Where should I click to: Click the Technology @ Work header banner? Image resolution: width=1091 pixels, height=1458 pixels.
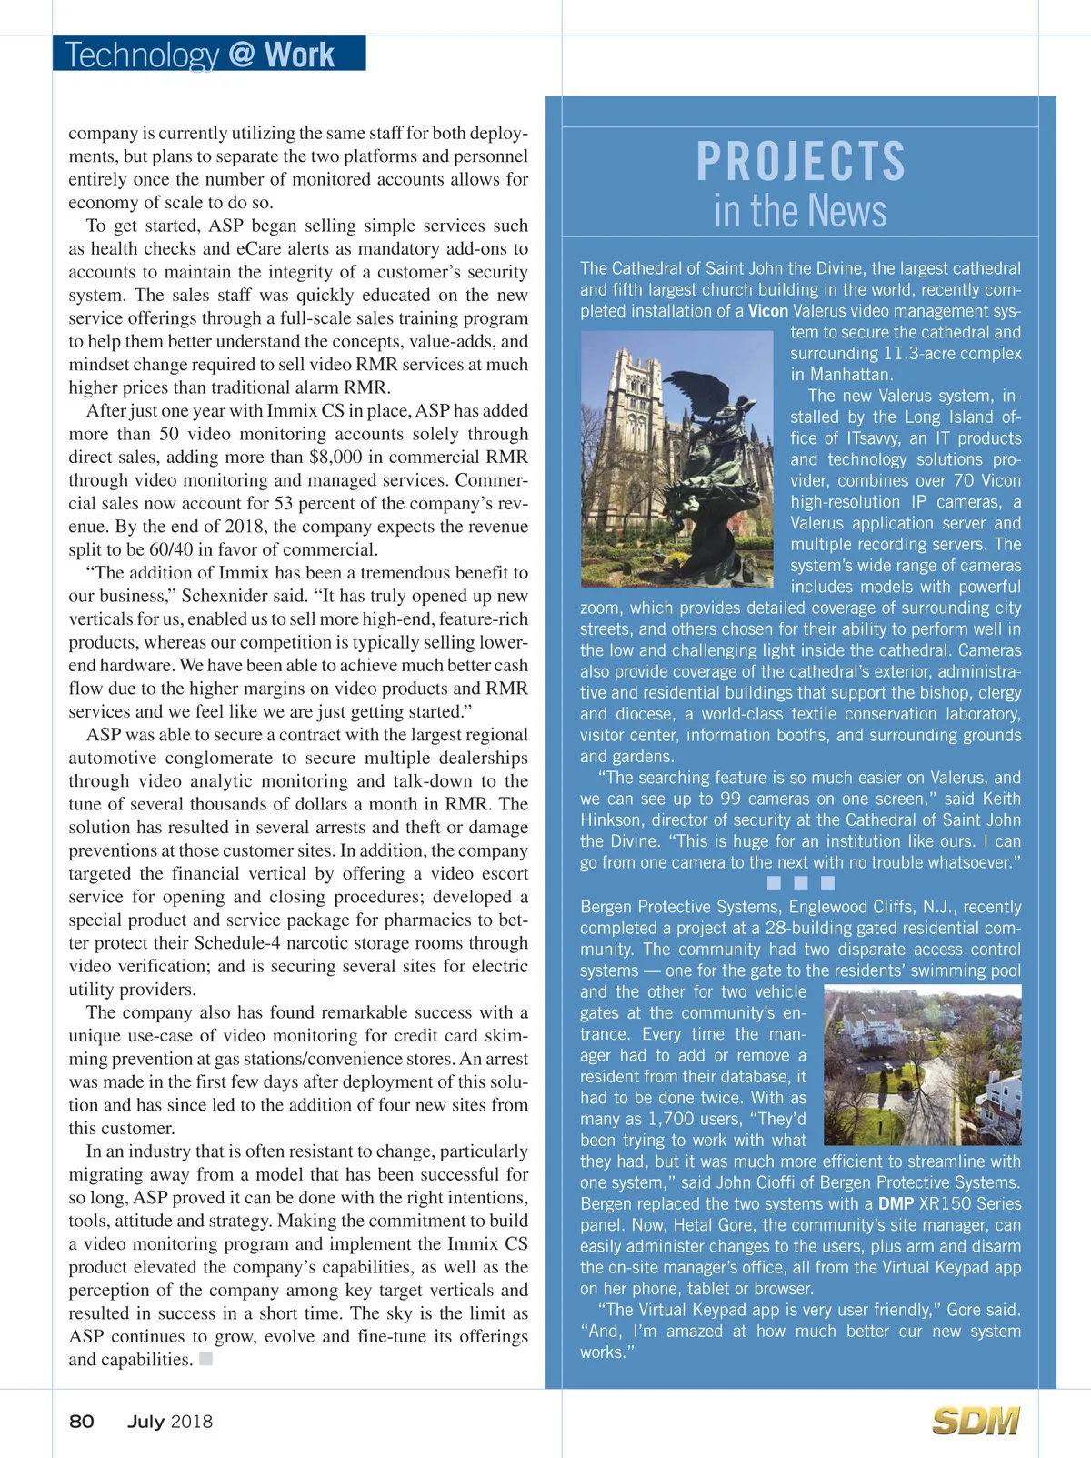coord(209,54)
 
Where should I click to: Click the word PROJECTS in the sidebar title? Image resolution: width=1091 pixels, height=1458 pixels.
coord(800,161)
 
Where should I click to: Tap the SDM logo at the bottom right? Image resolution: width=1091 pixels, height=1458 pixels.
coord(976,1421)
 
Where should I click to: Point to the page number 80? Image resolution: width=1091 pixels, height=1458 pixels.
coord(82,1422)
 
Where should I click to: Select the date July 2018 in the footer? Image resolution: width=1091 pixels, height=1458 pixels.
coord(170,1422)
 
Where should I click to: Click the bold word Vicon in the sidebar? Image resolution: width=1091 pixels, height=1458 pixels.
coord(767,311)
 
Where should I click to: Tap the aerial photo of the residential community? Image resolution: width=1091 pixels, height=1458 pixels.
coord(922,1064)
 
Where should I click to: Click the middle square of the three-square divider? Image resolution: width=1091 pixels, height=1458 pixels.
coord(801,882)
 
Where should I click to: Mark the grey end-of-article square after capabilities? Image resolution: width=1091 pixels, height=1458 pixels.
coord(206,1359)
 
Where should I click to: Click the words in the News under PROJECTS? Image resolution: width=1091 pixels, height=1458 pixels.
coord(800,211)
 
